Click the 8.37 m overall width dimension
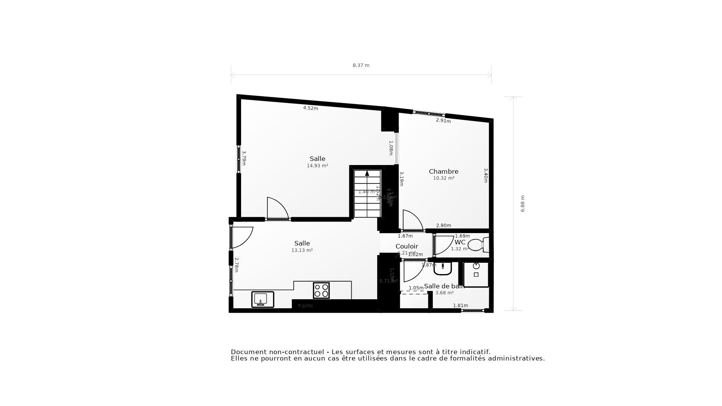[x=361, y=65]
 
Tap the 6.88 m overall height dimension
[x=522, y=203]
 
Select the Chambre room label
[x=443, y=171]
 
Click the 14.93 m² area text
[x=317, y=166]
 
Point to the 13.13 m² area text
[x=302, y=250]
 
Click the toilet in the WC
[x=477, y=245]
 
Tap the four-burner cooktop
[x=321, y=291]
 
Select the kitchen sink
[x=262, y=299]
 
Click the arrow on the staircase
[x=367, y=173]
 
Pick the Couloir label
[x=407, y=246]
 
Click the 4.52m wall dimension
[x=311, y=108]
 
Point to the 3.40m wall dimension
[x=485, y=176]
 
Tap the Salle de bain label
[x=444, y=286]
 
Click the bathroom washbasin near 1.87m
[x=443, y=268]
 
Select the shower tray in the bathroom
[x=476, y=274]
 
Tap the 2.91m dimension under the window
[x=443, y=121]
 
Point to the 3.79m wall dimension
[x=244, y=158]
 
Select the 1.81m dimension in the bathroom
[x=460, y=306]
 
